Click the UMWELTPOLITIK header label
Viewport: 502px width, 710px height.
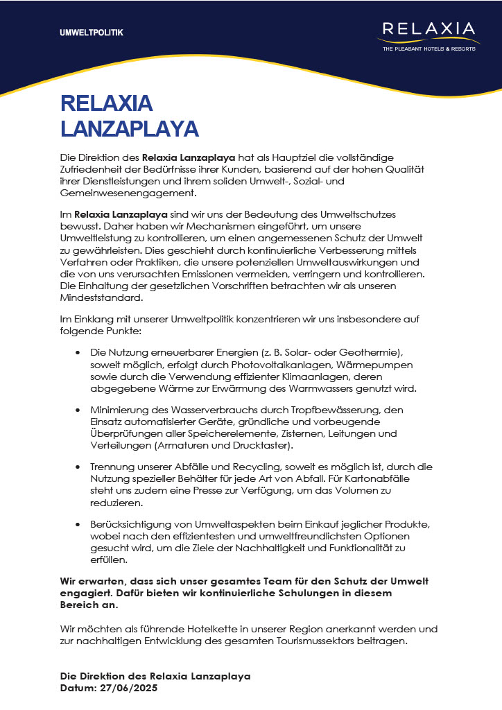tap(92, 33)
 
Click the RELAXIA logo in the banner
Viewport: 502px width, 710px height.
tap(429, 29)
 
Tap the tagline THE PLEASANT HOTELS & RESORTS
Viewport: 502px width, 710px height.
tap(429, 49)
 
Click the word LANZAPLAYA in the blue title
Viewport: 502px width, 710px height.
tap(130, 128)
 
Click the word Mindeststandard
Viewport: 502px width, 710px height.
tap(101, 299)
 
